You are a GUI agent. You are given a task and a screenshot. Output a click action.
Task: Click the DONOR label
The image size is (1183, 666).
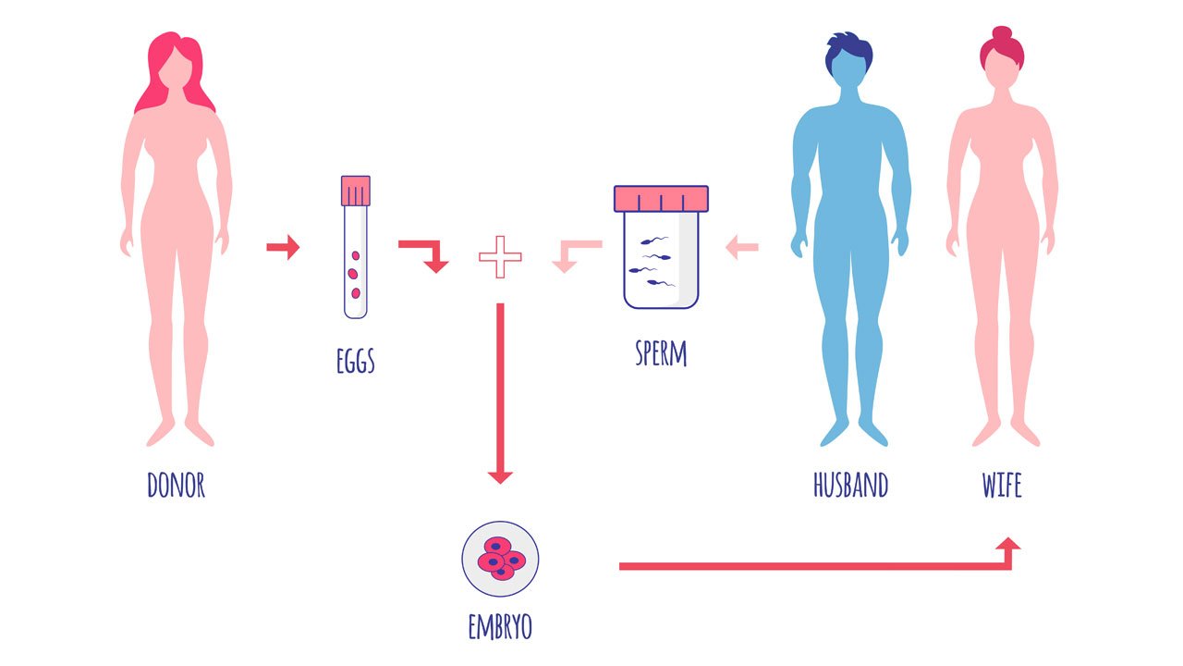pyautogui.click(x=176, y=485)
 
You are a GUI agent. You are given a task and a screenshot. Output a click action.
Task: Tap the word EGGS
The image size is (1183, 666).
pyautogui.click(x=356, y=361)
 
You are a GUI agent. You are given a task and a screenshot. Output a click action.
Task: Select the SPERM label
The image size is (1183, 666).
pyautogui.click(x=661, y=353)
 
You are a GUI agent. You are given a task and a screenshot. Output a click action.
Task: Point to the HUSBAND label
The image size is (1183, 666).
pyautogui.click(x=850, y=485)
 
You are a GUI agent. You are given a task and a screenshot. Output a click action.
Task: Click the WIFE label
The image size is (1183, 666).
pyautogui.click(x=1001, y=485)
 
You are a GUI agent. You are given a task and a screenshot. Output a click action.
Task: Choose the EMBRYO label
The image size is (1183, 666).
pyautogui.click(x=500, y=626)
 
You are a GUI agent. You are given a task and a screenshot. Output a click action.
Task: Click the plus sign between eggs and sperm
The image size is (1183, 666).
pyautogui.click(x=500, y=257)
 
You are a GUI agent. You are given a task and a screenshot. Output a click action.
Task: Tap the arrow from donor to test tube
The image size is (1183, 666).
pyautogui.click(x=283, y=247)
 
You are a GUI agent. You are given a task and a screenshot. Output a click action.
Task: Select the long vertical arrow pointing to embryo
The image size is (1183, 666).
pyautogui.click(x=500, y=393)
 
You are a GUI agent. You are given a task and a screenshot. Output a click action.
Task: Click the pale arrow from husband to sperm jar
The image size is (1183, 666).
pyautogui.click(x=742, y=247)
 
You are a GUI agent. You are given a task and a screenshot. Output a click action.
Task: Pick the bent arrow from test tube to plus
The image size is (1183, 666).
pyautogui.click(x=423, y=256)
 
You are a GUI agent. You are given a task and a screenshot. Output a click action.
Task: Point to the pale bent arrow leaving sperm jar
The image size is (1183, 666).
pyautogui.click(x=577, y=256)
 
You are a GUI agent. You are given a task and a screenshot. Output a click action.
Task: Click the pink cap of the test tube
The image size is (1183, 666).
pyautogui.click(x=356, y=191)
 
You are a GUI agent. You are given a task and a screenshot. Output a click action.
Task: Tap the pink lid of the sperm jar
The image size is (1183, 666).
pyautogui.click(x=661, y=199)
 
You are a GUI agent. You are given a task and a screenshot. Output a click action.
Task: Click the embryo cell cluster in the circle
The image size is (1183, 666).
pyautogui.click(x=501, y=558)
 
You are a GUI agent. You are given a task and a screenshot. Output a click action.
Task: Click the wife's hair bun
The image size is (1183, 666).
pyautogui.click(x=1002, y=33)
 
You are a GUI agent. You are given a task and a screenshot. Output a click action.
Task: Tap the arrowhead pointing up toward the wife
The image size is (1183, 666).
pyautogui.click(x=1008, y=545)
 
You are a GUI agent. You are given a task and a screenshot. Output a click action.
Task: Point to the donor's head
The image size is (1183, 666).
pyautogui.click(x=176, y=68)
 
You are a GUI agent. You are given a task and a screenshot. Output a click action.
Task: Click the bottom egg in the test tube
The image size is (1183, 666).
pyautogui.click(x=356, y=293)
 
